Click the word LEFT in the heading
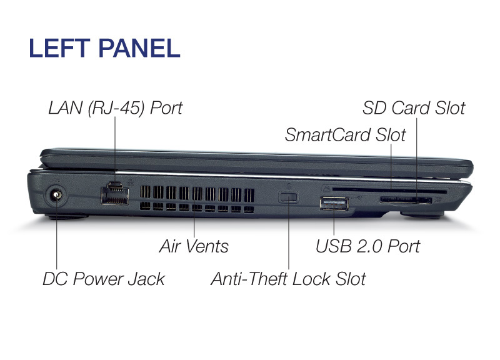click(x=59, y=48)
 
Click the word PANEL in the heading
click(x=139, y=48)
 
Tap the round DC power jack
click(x=56, y=195)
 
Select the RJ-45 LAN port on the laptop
click(x=115, y=193)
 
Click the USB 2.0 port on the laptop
click(x=334, y=204)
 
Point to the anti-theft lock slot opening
click(x=289, y=197)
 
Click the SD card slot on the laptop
click(x=405, y=200)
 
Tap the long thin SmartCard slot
click(x=389, y=190)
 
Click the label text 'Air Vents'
click(x=194, y=246)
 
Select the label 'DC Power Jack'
click(x=104, y=279)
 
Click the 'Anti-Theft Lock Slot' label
click(x=288, y=279)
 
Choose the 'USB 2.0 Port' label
click(x=367, y=246)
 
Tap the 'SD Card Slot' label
click(x=414, y=107)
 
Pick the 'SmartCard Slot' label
click(x=346, y=134)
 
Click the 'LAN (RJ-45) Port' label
click(x=116, y=107)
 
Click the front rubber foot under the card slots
click(x=422, y=215)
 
